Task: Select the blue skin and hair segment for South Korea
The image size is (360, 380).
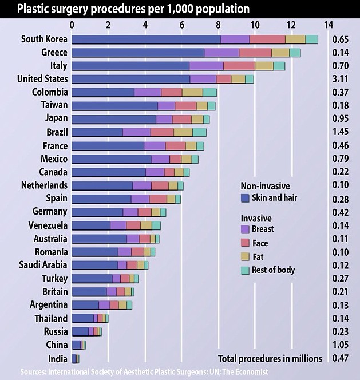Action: [146, 39]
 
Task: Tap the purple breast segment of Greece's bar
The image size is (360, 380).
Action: [221, 53]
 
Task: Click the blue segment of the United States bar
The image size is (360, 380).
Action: [131, 79]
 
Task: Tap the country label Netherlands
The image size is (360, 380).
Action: [44, 185]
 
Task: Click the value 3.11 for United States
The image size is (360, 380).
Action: [341, 79]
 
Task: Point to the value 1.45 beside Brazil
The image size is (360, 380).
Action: [341, 132]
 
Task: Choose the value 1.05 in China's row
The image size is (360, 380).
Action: [341, 345]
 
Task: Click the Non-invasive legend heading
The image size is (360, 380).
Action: [264, 186]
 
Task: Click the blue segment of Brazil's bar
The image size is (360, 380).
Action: [97, 132]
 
